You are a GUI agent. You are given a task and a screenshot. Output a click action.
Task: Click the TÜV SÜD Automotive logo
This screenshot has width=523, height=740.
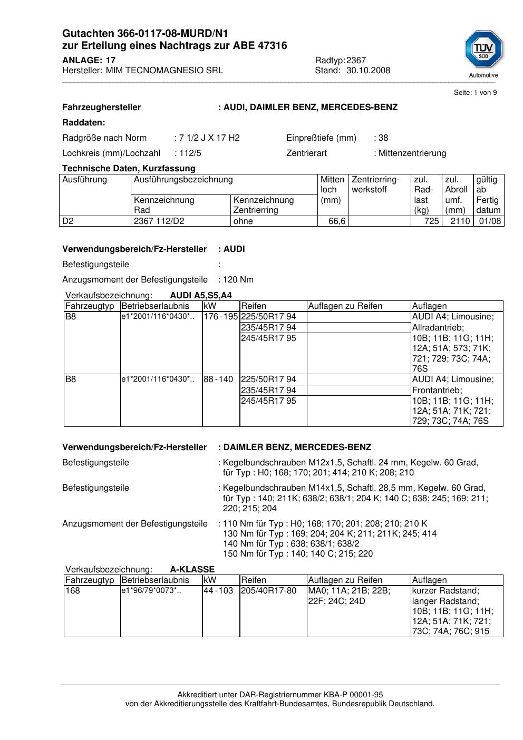pyautogui.click(x=483, y=53)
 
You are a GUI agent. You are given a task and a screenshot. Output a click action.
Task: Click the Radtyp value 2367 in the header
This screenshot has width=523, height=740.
pyautogui.click(x=356, y=61)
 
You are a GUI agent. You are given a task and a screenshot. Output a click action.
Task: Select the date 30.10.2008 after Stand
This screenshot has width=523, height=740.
pyautogui.click(x=368, y=71)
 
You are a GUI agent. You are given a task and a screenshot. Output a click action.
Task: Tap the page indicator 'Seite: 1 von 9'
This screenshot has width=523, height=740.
pyautogui.click(x=475, y=93)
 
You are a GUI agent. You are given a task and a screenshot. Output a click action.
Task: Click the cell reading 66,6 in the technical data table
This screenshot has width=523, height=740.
pyautogui.click(x=337, y=221)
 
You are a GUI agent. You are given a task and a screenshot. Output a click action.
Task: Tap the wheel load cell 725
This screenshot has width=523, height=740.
pyautogui.click(x=431, y=221)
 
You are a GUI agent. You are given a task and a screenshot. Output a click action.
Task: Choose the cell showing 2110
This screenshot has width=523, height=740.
pyautogui.click(x=460, y=221)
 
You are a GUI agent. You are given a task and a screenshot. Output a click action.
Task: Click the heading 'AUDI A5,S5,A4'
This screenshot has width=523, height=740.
pyautogui.click(x=201, y=296)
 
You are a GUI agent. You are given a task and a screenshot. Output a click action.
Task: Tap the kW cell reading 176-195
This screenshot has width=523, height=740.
pyautogui.click(x=221, y=317)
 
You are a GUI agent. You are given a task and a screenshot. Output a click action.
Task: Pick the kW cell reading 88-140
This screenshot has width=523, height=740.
pyautogui.click(x=218, y=379)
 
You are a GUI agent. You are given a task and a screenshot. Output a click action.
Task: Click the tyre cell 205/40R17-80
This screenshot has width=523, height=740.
pyautogui.click(x=269, y=591)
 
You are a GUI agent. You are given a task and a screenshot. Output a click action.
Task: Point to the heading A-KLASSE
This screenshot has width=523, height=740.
pyautogui.click(x=192, y=570)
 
